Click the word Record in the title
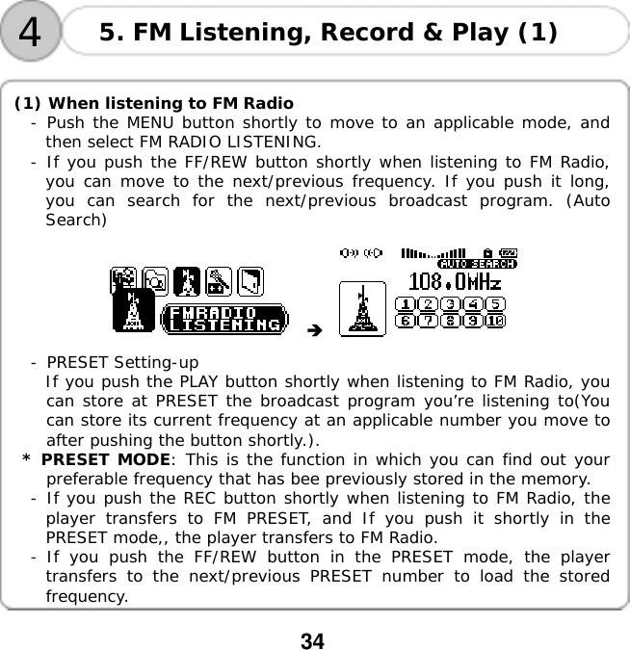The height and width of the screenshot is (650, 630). point(367,33)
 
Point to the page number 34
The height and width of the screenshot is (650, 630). point(313,640)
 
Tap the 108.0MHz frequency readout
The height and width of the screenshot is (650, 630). point(455,282)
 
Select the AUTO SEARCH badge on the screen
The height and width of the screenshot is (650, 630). point(477,263)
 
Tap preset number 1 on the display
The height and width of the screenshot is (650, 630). point(407,304)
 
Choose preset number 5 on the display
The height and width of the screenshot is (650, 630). point(495,304)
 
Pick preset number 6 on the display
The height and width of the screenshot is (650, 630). point(407,321)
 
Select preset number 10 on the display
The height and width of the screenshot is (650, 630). point(495,321)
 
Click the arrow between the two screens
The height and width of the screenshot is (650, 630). point(312,331)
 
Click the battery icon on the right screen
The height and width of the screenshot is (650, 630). point(509,254)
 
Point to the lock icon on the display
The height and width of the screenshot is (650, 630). point(487,253)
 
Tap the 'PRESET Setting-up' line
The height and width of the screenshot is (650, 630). point(122,363)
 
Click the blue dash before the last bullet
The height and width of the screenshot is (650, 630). point(35,557)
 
